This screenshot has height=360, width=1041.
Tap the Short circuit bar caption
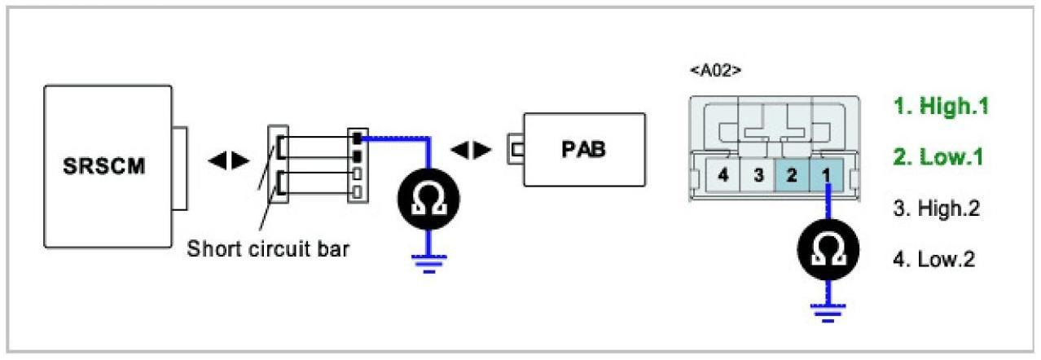coord(268,249)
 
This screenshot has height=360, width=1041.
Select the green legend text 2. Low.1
coord(938,156)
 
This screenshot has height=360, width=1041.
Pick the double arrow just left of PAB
coord(471,151)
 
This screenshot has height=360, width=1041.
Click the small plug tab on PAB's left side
coord(515,151)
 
